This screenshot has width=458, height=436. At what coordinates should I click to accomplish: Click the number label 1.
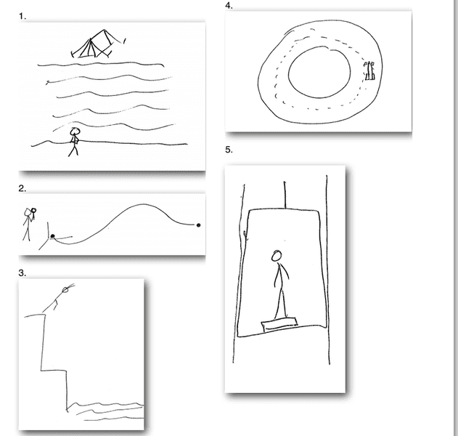pos(23,17)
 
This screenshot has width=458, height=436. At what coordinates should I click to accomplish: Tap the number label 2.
pos(23,188)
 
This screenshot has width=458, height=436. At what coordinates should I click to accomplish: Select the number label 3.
pos(23,272)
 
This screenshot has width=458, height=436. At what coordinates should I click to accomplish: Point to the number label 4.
pos(229,6)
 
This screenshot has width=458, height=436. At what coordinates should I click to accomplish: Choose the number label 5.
pos(229,150)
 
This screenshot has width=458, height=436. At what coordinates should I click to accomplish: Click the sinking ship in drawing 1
pos(99,44)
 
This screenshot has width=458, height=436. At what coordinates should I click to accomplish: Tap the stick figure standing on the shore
pos(74,142)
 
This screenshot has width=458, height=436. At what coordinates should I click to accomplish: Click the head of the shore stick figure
pos(75,131)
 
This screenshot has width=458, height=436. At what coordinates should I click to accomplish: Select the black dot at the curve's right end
pos(199,225)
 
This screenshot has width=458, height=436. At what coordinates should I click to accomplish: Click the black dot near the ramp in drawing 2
pos(52,236)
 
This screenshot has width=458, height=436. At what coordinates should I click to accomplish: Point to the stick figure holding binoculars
pos(29,225)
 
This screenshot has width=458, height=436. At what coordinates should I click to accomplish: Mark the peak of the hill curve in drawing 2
pos(143,204)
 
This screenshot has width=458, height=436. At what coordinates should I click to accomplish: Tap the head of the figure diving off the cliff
pos(65,290)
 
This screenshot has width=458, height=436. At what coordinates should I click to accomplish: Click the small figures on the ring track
pos(369,70)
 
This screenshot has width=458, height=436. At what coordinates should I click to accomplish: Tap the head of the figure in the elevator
pos(277,256)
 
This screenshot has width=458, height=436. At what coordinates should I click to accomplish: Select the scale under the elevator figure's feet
pos(279,324)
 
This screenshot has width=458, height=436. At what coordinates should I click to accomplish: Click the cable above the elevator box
pos(285,195)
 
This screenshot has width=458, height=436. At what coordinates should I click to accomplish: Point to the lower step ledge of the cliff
pos(54,371)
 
